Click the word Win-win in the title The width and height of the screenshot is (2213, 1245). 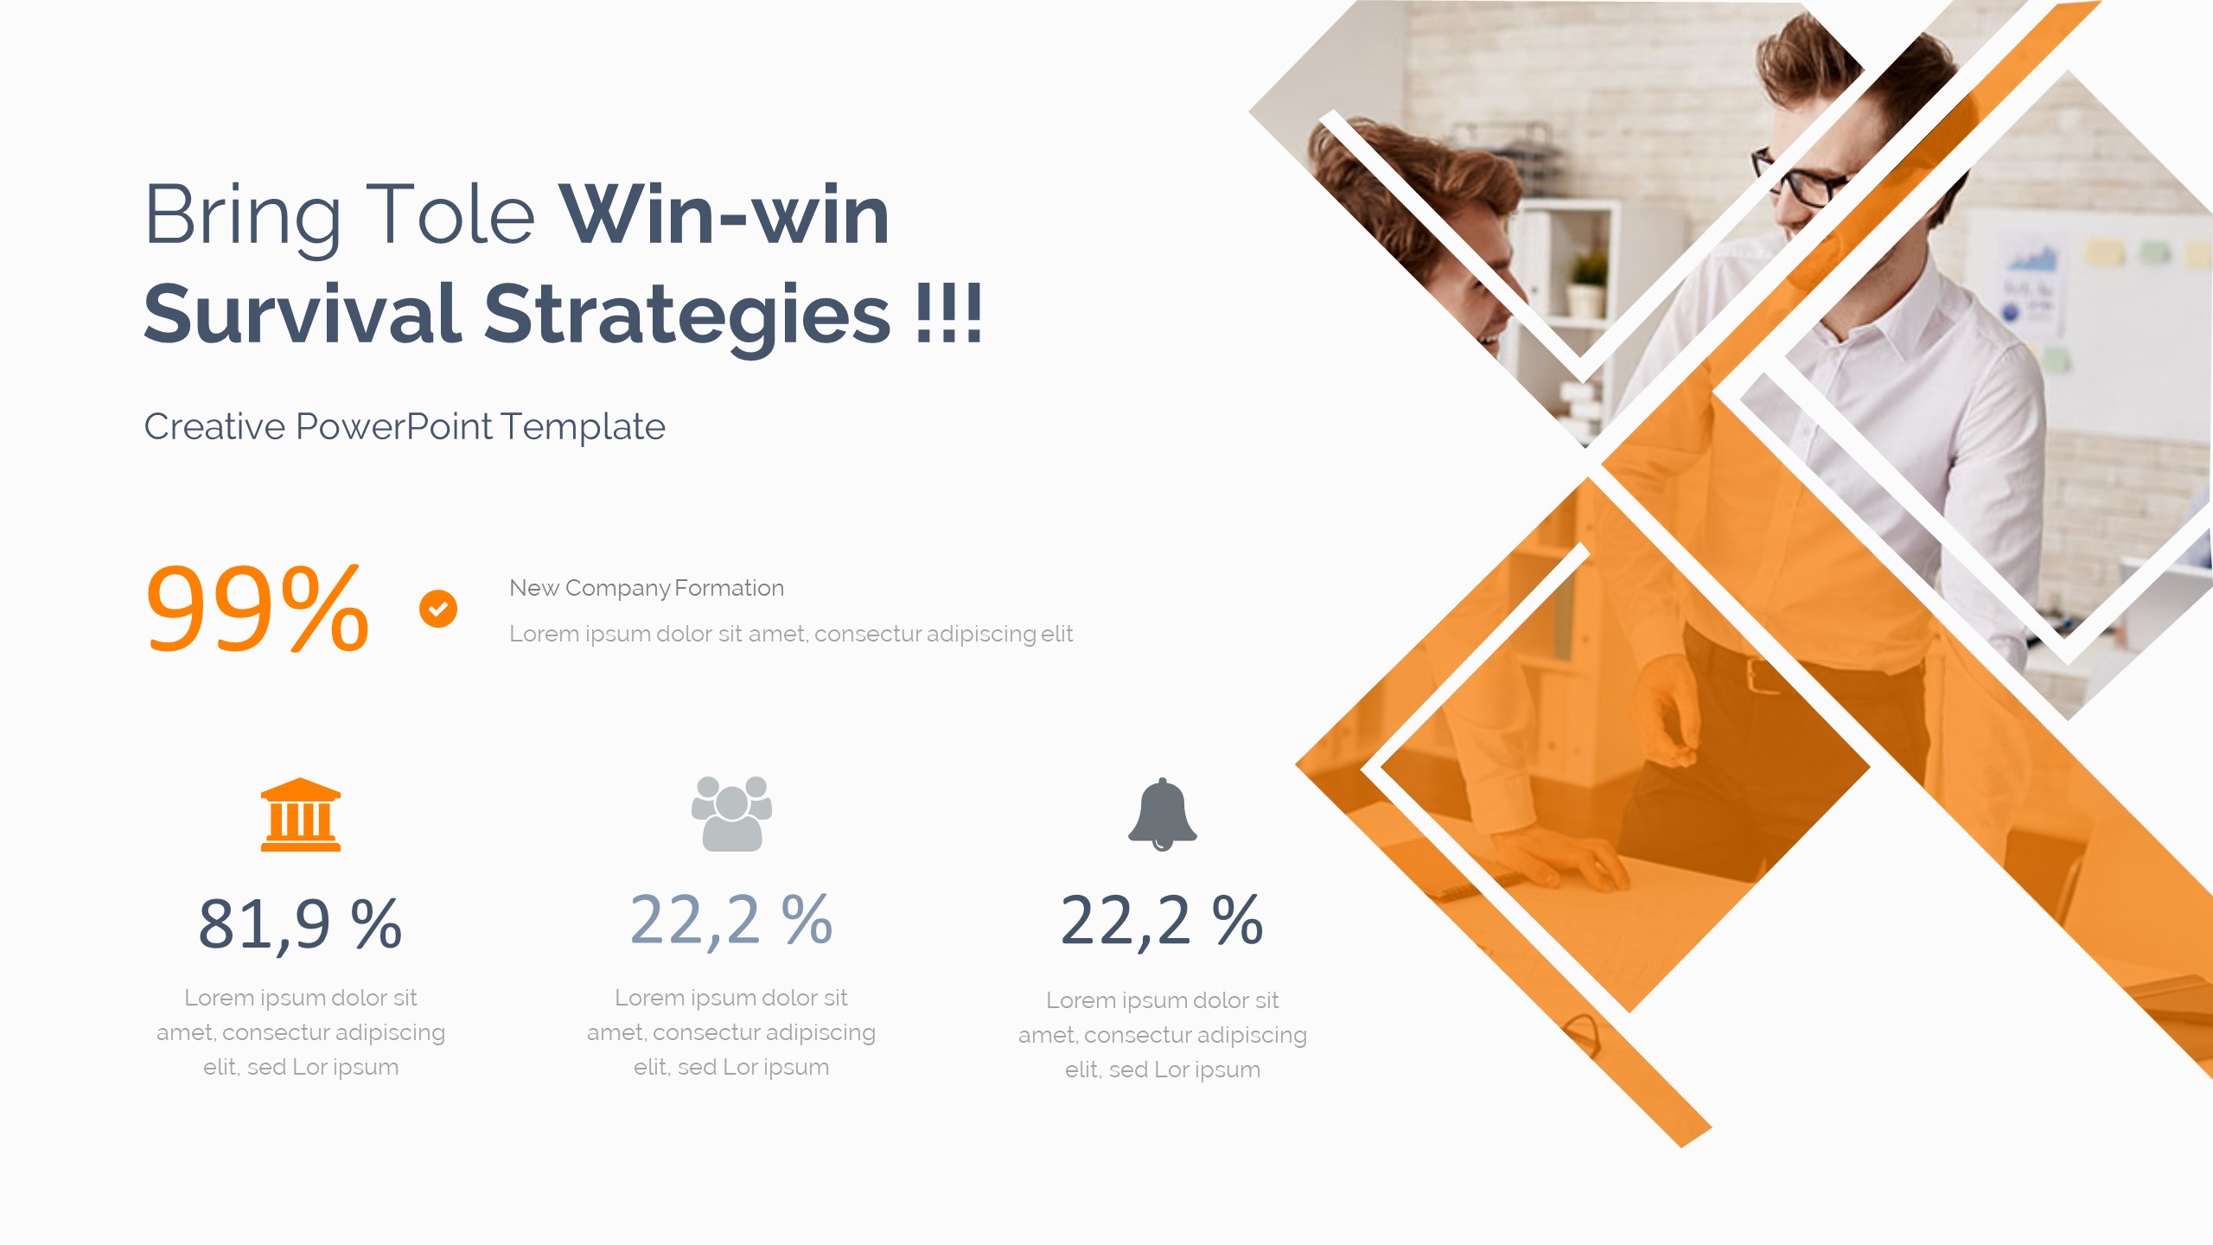pos(724,215)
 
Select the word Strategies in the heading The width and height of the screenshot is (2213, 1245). pos(686,315)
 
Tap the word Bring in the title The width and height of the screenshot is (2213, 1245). pos(243,215)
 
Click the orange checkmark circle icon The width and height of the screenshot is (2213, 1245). pos(438,609)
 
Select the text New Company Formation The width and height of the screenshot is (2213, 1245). pos(647,588)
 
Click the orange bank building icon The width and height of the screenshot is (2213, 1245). pos(301,814)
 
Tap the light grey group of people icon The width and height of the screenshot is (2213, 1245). pos(731,814)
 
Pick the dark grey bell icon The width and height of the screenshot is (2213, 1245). pos(1162,814)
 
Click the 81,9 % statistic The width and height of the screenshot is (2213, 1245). pos(300,924)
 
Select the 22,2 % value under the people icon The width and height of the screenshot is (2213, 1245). pos(731,920)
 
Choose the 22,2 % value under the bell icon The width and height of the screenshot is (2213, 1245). pos(1162,920)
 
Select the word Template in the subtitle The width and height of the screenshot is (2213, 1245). pos(583,427)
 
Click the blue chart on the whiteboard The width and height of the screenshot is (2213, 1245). pos(2031,259)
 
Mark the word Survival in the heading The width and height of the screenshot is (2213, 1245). pos(303,315)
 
